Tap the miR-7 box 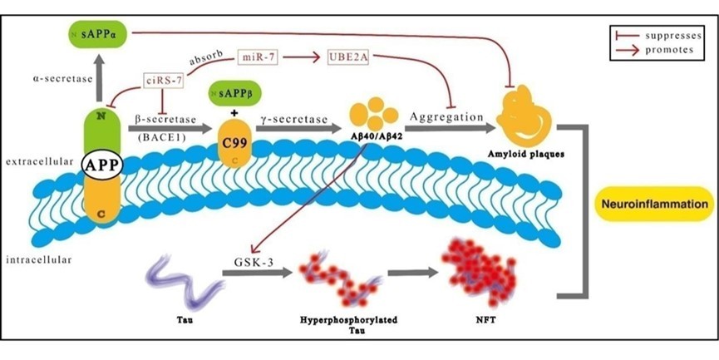tap(258, 57)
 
